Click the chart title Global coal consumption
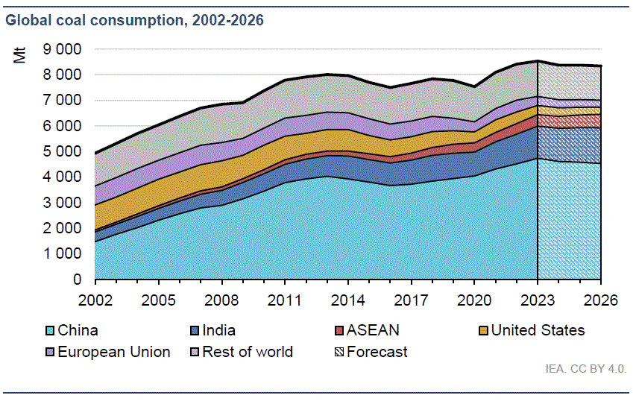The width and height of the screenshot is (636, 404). click(x=134, y=20)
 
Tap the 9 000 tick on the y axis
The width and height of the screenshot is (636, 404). click(x=62, y=49)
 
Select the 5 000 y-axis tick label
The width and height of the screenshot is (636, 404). click(x=62, y=152)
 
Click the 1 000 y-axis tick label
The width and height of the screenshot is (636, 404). click(x=62, y=254)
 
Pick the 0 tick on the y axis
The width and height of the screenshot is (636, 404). click(x=77, y=280)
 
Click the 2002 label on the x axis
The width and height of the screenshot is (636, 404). click(x=95, y=300)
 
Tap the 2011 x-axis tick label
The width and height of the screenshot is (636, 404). click(x=285, y=300)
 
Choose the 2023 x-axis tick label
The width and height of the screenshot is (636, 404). click(x=538, y=300)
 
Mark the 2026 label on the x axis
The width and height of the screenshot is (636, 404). click(x=601, y=300)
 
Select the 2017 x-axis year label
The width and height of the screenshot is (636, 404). click(x=412, y=300)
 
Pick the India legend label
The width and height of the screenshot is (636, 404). click(x=216, y=331)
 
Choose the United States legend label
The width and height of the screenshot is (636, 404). click(x=538, y=331)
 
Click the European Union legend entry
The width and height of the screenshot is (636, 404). click(x=113, y=352)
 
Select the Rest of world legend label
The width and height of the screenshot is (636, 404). click(x=250, y=352)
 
